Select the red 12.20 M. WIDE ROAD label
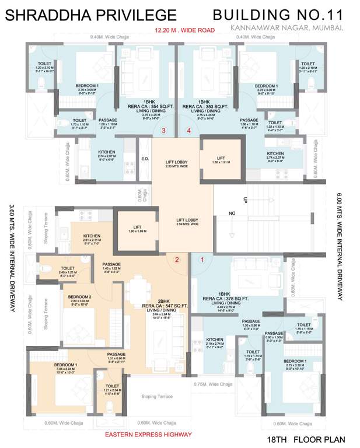[185, 30]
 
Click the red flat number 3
[164, 131]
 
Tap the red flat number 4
[188, 131]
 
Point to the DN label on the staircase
[232, 213]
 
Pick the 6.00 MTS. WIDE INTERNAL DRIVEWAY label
[339, 247]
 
